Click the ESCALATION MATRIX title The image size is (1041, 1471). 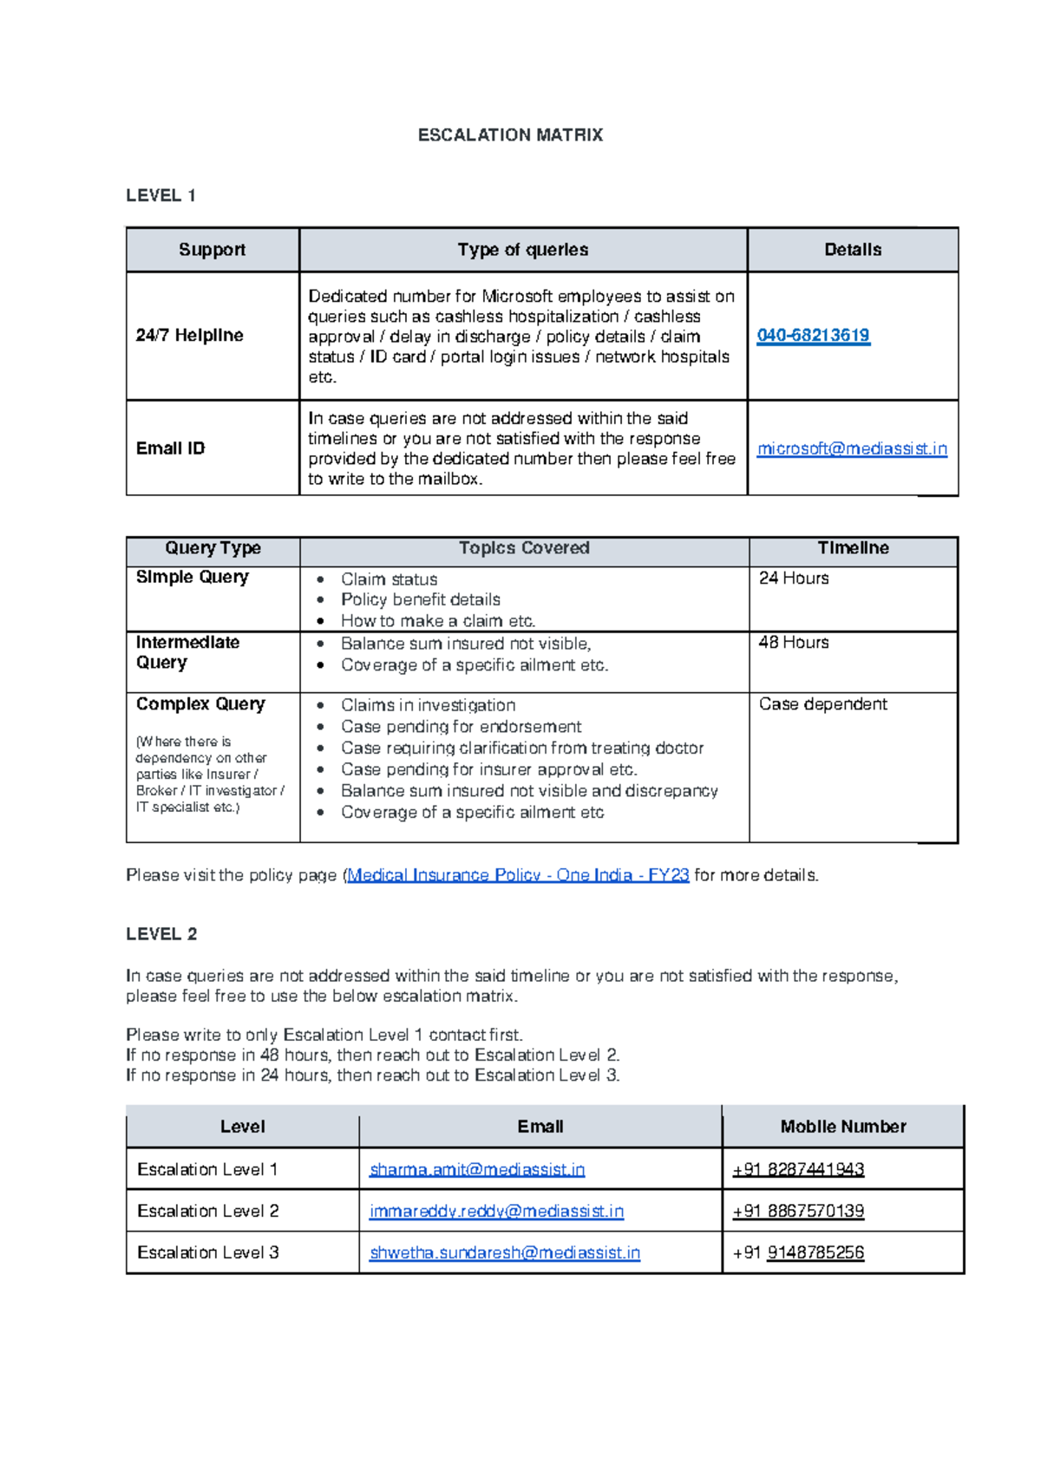pos(510,135)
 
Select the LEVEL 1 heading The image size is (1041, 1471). pos(160,196)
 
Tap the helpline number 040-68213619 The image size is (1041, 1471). pos(813,336)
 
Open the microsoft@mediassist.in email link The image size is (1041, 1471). pos(852,448)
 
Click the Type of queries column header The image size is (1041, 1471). pos(522,250)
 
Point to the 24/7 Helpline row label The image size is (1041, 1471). pos(189,336)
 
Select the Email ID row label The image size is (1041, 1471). pos(170,448)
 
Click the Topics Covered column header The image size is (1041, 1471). pos(524,548)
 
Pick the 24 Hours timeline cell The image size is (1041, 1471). pos(793,579)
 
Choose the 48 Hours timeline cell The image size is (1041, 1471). pos(793,643)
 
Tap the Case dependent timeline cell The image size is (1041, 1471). pos(822,704)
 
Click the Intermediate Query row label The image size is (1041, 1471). pos(187,652)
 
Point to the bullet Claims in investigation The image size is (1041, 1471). pos(428,705)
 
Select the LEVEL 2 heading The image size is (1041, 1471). pos(161,934)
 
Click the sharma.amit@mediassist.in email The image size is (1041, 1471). pos(477,1170)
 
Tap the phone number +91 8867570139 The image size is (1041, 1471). pos(798,1212)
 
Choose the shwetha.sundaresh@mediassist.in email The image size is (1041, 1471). pos(505,1253)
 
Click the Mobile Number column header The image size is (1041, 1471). pos(842,1127)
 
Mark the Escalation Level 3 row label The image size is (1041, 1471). pos(208,1253)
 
